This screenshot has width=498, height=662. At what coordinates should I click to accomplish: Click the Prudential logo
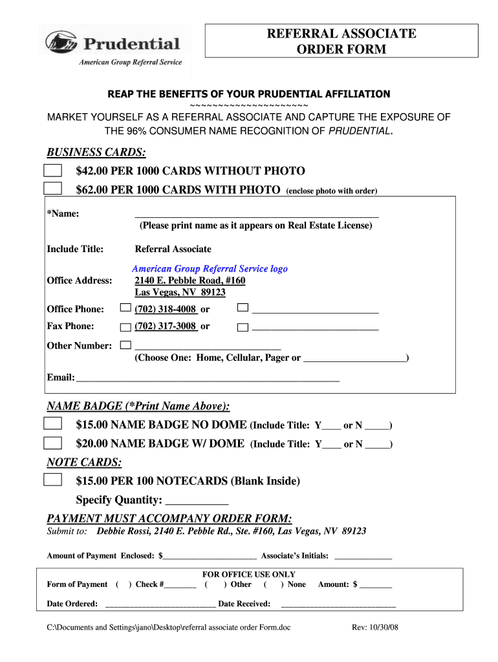[113, 46]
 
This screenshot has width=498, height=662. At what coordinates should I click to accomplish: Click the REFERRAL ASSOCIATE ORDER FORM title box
[341, 41]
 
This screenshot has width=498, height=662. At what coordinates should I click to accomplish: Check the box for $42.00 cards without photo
[52, 171]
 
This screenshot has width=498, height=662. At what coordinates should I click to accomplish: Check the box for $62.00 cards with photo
[52, 189]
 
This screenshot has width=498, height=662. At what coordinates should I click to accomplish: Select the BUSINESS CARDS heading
[96, 153]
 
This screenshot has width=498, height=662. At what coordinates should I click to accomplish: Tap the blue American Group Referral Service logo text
[210, 268]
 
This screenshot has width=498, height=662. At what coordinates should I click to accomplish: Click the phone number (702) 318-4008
[166, 309]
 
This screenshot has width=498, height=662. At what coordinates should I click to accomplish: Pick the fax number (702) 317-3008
[166, 326]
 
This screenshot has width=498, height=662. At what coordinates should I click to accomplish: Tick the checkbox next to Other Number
[125, 345]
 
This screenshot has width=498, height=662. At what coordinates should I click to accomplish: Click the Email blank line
[207, 378]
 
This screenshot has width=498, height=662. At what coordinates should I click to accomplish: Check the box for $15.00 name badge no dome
[52, 424]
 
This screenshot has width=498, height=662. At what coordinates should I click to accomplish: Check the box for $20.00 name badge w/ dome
[52, 443]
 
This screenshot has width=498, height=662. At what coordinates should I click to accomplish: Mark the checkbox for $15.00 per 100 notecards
[52, 480]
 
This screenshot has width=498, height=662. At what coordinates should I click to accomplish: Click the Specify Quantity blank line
[197, 501]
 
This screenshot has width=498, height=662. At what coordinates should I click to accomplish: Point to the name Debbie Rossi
[123, 531]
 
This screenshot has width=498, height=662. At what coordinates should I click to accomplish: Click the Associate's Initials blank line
[363, 556]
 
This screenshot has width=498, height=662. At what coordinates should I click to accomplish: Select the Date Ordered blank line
[160, 604]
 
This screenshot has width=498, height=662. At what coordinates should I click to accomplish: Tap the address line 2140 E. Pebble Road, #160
[190, 281]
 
